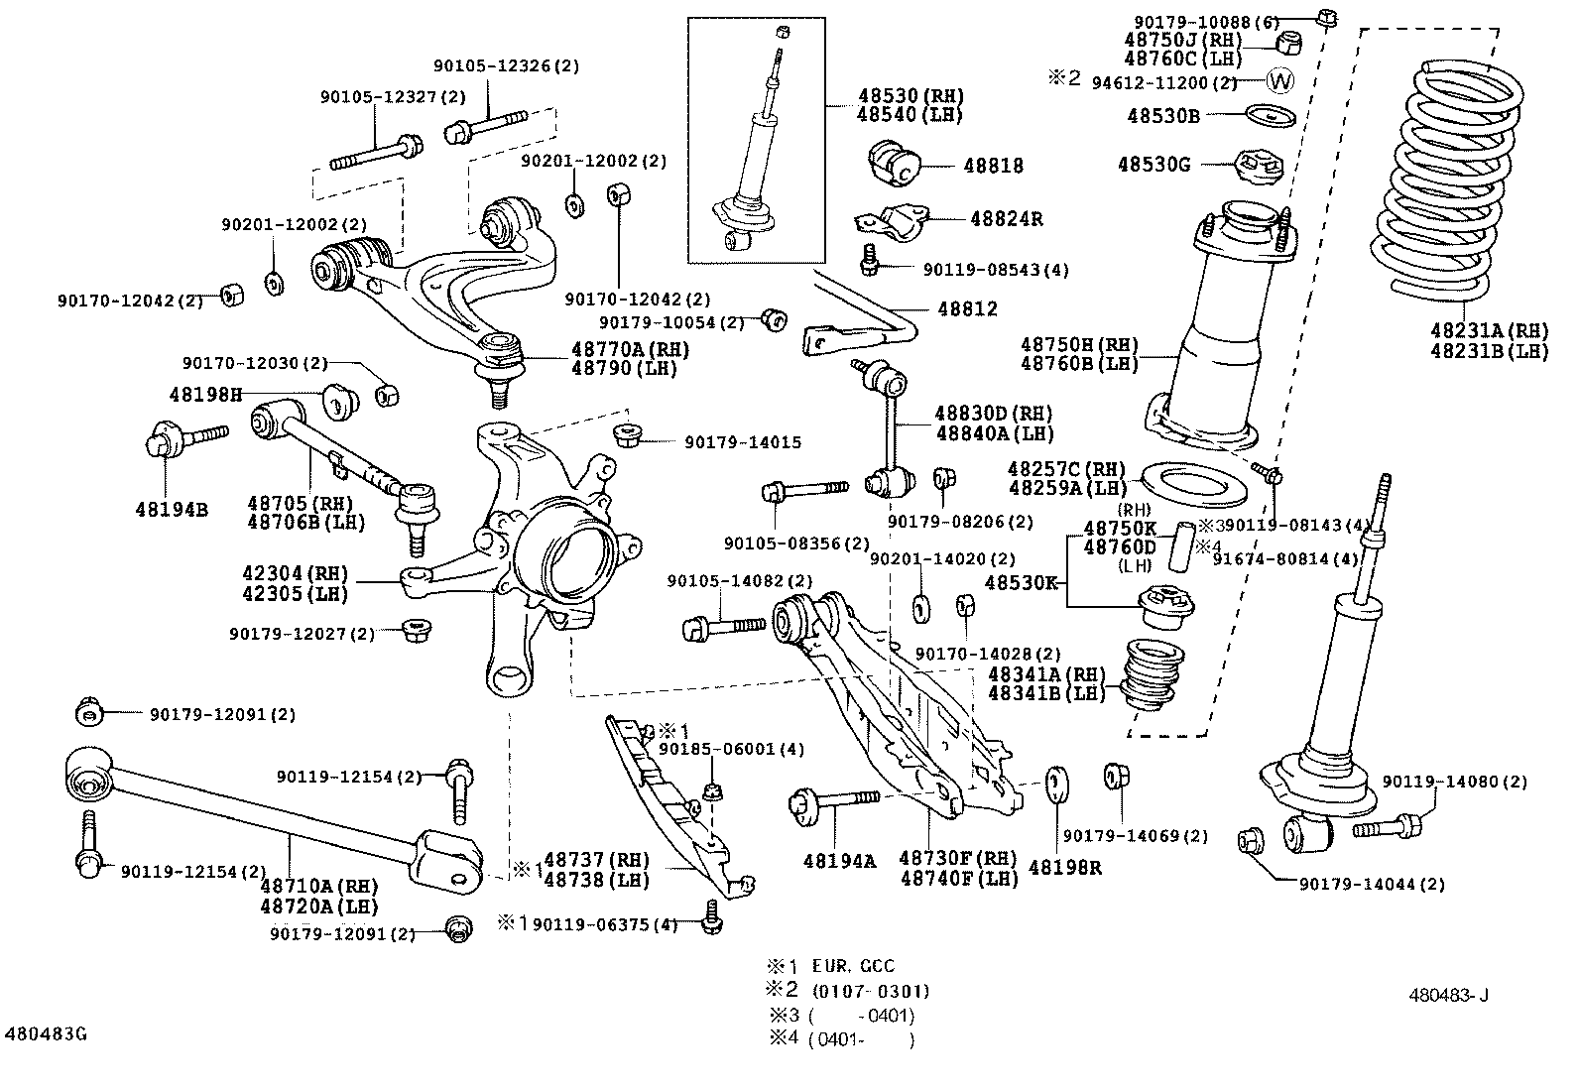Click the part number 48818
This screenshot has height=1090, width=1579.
point(993,167)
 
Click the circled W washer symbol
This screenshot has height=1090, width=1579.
point(1280,80)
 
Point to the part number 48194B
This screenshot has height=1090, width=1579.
point(172,510)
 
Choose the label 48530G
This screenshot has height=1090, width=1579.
point(1154,164)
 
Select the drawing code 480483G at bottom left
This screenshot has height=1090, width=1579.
point(46,1034)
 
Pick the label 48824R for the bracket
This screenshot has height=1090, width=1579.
point(1006,219)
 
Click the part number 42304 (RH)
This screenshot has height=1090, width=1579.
point(295,573)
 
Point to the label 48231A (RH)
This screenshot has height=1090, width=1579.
point(1489,330)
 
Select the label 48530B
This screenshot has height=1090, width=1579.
point(1162,115)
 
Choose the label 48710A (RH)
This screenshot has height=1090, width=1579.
point(319,885)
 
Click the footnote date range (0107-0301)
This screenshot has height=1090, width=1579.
point(870,991)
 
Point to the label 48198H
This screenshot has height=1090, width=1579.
point(205,394)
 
